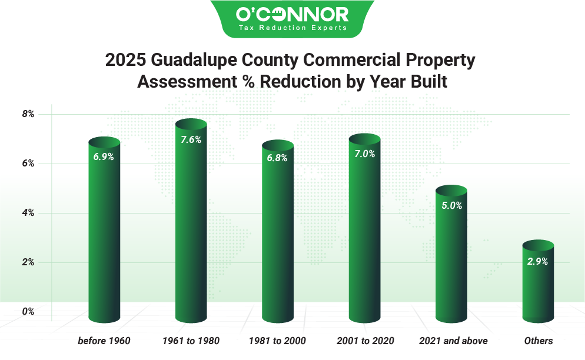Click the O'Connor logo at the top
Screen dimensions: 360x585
292,14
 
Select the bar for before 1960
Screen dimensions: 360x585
104,235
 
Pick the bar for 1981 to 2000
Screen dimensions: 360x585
278,235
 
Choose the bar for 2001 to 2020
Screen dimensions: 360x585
365,232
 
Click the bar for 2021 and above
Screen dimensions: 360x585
451,259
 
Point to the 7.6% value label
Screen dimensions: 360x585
191,140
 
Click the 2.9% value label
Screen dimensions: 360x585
538,262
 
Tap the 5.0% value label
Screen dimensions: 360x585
451,206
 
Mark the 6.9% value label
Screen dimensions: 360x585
104,157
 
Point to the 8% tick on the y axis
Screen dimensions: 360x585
28,114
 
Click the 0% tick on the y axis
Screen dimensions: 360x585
28,312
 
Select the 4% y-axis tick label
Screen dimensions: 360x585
28,213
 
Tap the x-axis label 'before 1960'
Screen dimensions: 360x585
104,341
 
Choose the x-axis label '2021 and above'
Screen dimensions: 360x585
453,341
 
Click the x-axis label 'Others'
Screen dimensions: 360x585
539,341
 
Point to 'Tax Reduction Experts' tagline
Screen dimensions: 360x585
292,28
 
